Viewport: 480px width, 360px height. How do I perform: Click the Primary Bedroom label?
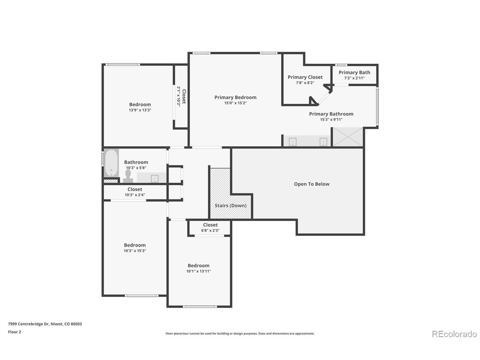(235, 97)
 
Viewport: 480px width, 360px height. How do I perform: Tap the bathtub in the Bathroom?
(111, 163)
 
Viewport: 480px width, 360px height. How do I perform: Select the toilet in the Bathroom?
(128, 176)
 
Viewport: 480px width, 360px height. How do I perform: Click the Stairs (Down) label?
(230, 205)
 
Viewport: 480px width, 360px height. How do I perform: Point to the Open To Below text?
(311, 184)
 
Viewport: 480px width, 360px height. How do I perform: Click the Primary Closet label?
(305, 77)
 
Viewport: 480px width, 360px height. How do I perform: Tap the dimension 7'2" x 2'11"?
(354, 78)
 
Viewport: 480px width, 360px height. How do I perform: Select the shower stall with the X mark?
(348, 137)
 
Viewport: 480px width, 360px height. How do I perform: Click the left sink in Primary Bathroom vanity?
(292, 142)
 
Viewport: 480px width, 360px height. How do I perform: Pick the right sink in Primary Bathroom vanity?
(323, 142)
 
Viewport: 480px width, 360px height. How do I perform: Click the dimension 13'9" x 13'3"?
(140, 110)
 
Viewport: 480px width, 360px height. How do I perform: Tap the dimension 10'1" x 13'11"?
(198, 271)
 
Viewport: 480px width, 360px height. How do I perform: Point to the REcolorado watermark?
(454, 334)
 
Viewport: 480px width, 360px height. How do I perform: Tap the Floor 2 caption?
(14, 332)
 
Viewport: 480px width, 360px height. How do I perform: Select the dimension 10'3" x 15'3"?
(135, 251)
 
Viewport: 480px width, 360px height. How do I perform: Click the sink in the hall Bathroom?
(154, 178)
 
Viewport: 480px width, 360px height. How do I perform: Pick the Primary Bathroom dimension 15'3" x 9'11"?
(331, 120)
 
